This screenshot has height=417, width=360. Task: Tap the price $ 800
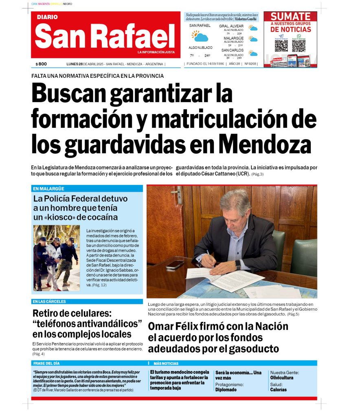point(41,64)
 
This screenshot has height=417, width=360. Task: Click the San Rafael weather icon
point(200,36)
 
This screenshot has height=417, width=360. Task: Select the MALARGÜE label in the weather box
point(233,38)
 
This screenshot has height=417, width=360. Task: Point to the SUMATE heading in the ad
point(290,17)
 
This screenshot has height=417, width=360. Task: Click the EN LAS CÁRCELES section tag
point(49,302)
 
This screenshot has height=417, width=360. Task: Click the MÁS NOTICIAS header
point(166,363)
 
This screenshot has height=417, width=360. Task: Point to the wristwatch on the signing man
point(238,264)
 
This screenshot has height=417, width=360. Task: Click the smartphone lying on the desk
point(175,264)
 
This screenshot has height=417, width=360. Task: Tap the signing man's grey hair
point(235,198)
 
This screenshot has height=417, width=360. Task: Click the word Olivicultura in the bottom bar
point(282,378)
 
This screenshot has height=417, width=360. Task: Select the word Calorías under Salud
point(278,390)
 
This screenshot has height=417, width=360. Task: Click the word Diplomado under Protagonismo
point(226,390)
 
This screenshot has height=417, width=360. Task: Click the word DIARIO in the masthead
point(47,17)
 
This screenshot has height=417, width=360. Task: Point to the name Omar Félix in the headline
point(177,327)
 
